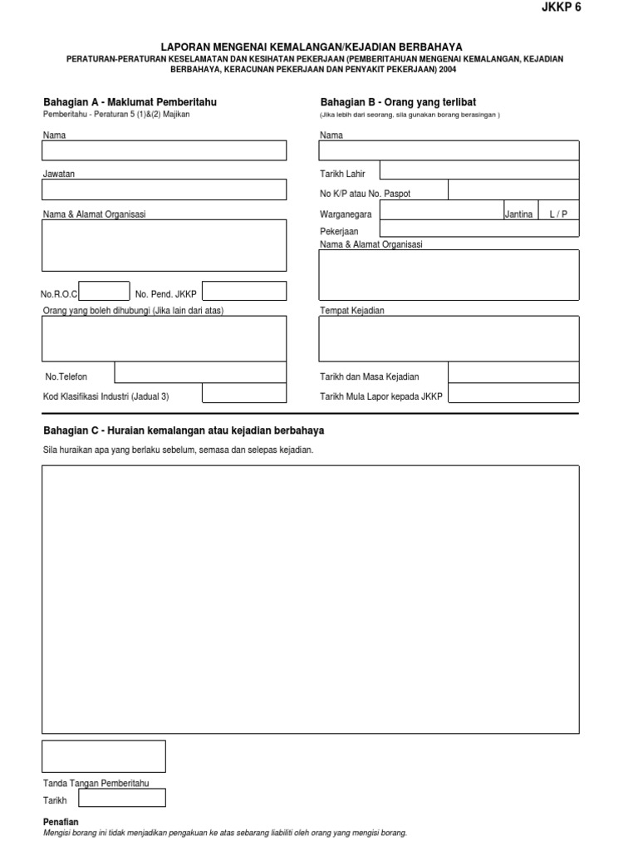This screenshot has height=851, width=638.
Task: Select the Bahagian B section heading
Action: (398, 101)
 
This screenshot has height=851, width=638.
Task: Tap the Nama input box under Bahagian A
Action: (164, 150)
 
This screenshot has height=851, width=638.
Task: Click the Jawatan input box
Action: (164, 189)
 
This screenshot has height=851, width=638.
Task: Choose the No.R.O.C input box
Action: (105, 291)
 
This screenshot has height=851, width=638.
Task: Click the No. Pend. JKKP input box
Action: (244, 291)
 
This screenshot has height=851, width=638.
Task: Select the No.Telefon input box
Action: (200, 372)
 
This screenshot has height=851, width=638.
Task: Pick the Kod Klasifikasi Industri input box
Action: (244, 393)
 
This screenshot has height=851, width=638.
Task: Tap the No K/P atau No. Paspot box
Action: (513, 190)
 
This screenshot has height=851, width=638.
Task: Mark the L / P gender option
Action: (558, 214)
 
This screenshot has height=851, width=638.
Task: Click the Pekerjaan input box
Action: (479, 229)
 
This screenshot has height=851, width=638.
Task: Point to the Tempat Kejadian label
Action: (352, 311)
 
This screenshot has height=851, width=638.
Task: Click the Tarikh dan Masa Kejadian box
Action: (513, 372)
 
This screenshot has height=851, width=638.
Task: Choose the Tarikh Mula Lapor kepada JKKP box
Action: (513, 393)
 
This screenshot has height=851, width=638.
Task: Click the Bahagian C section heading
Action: (184, 430)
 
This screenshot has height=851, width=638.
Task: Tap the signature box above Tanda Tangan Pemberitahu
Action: (104, 756)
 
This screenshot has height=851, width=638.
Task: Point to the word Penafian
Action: (61, 822)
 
